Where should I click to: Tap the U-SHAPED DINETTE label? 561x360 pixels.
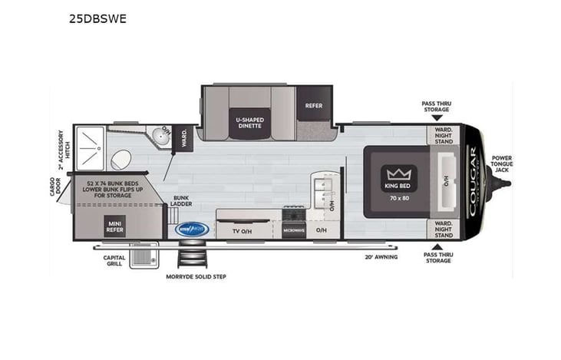(249, 121)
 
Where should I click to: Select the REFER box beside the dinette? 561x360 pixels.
(313, 106)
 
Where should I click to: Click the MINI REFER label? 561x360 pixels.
(115, 225)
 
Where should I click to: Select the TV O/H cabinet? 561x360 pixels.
(243, 230)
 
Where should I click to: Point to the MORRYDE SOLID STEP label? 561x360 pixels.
(196, 276)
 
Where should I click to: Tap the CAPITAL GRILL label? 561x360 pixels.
(115, 262)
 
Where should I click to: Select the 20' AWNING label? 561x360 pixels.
(381, 258)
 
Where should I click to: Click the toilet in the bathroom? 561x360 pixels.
(120, 160)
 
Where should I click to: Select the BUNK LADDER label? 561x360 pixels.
(181, 200)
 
